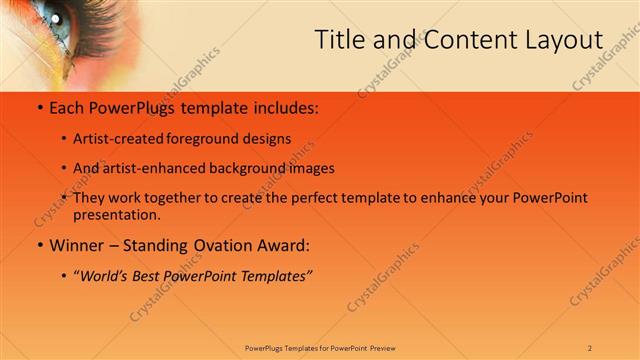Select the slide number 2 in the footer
pos(590,347)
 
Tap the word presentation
pos(116,214)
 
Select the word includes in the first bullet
pos(284,107)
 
